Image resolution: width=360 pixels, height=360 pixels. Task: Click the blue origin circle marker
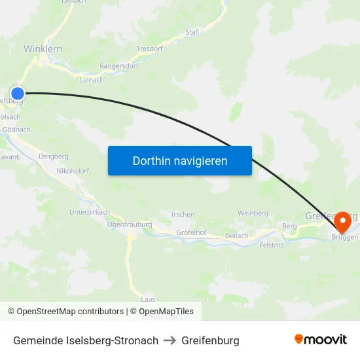click(18, 94)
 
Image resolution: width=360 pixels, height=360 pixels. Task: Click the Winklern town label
click(43, 49)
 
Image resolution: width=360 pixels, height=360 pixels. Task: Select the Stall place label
click(192, 31)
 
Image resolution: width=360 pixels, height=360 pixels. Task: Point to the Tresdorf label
click(149, 48)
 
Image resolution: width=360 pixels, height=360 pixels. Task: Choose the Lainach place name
click(92, 80)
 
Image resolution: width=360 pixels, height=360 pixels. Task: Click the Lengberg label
click(54, 156)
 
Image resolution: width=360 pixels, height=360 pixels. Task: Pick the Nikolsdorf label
click(72, 171)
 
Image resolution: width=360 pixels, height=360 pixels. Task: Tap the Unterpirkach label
click(90, 212)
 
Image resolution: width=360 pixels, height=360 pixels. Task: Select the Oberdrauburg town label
click(129, 225)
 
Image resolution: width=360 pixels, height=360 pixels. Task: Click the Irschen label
click(183, 215)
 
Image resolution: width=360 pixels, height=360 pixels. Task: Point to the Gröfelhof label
click(191, 232)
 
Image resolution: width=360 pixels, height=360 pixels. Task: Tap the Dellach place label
click(236, 236)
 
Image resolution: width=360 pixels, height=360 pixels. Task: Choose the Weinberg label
click(253, 213)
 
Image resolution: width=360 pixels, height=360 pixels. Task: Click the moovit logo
click(320, 339)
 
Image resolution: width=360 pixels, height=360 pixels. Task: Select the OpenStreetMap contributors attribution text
click(69, 312)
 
